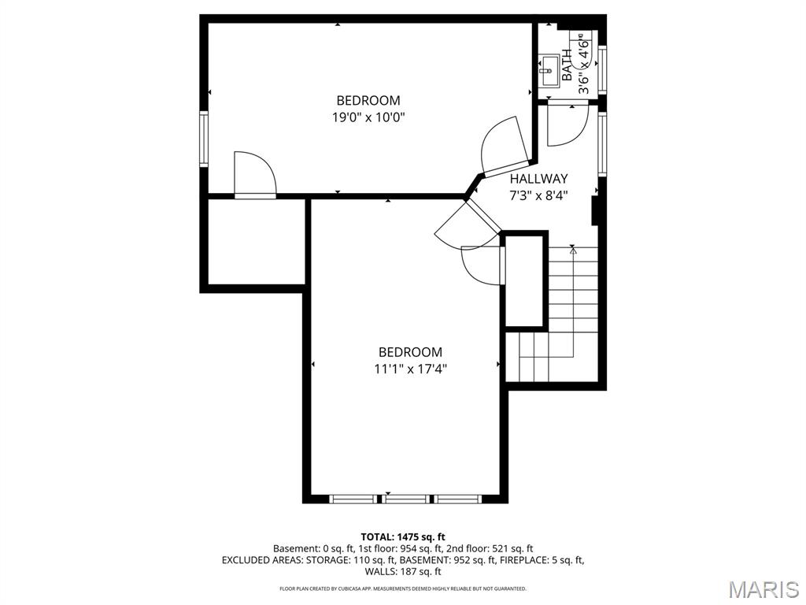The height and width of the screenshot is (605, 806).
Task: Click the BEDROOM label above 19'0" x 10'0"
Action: click(x=368, y=100)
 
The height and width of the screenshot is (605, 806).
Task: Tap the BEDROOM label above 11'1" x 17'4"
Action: click(x=410, y=352)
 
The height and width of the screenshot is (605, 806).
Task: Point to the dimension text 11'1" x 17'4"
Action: click(x=410, y=368)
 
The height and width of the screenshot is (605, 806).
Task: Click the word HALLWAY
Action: click(x=538, y=179)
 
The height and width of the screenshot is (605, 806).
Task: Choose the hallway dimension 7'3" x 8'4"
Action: click(x=538, y=195)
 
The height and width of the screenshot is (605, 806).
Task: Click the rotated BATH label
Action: click(x=567, y=65)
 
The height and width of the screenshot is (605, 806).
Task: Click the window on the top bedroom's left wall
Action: click(x=203, y=139)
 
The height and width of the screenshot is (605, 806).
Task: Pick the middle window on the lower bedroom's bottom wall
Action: click(x=406, y=499)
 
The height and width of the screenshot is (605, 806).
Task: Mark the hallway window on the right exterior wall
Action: click(x=602, y=143)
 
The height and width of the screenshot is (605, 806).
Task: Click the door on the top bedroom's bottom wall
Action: click(x=254, y=175)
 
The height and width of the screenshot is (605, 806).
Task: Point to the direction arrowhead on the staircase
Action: click(x=573, y=251)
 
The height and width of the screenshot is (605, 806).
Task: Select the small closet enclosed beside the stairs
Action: click(x=525, y=280)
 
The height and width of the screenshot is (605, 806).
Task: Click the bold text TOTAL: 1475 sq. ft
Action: click(x=403, y=536)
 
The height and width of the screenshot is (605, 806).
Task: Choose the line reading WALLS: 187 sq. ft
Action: click(x=403, y=572)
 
